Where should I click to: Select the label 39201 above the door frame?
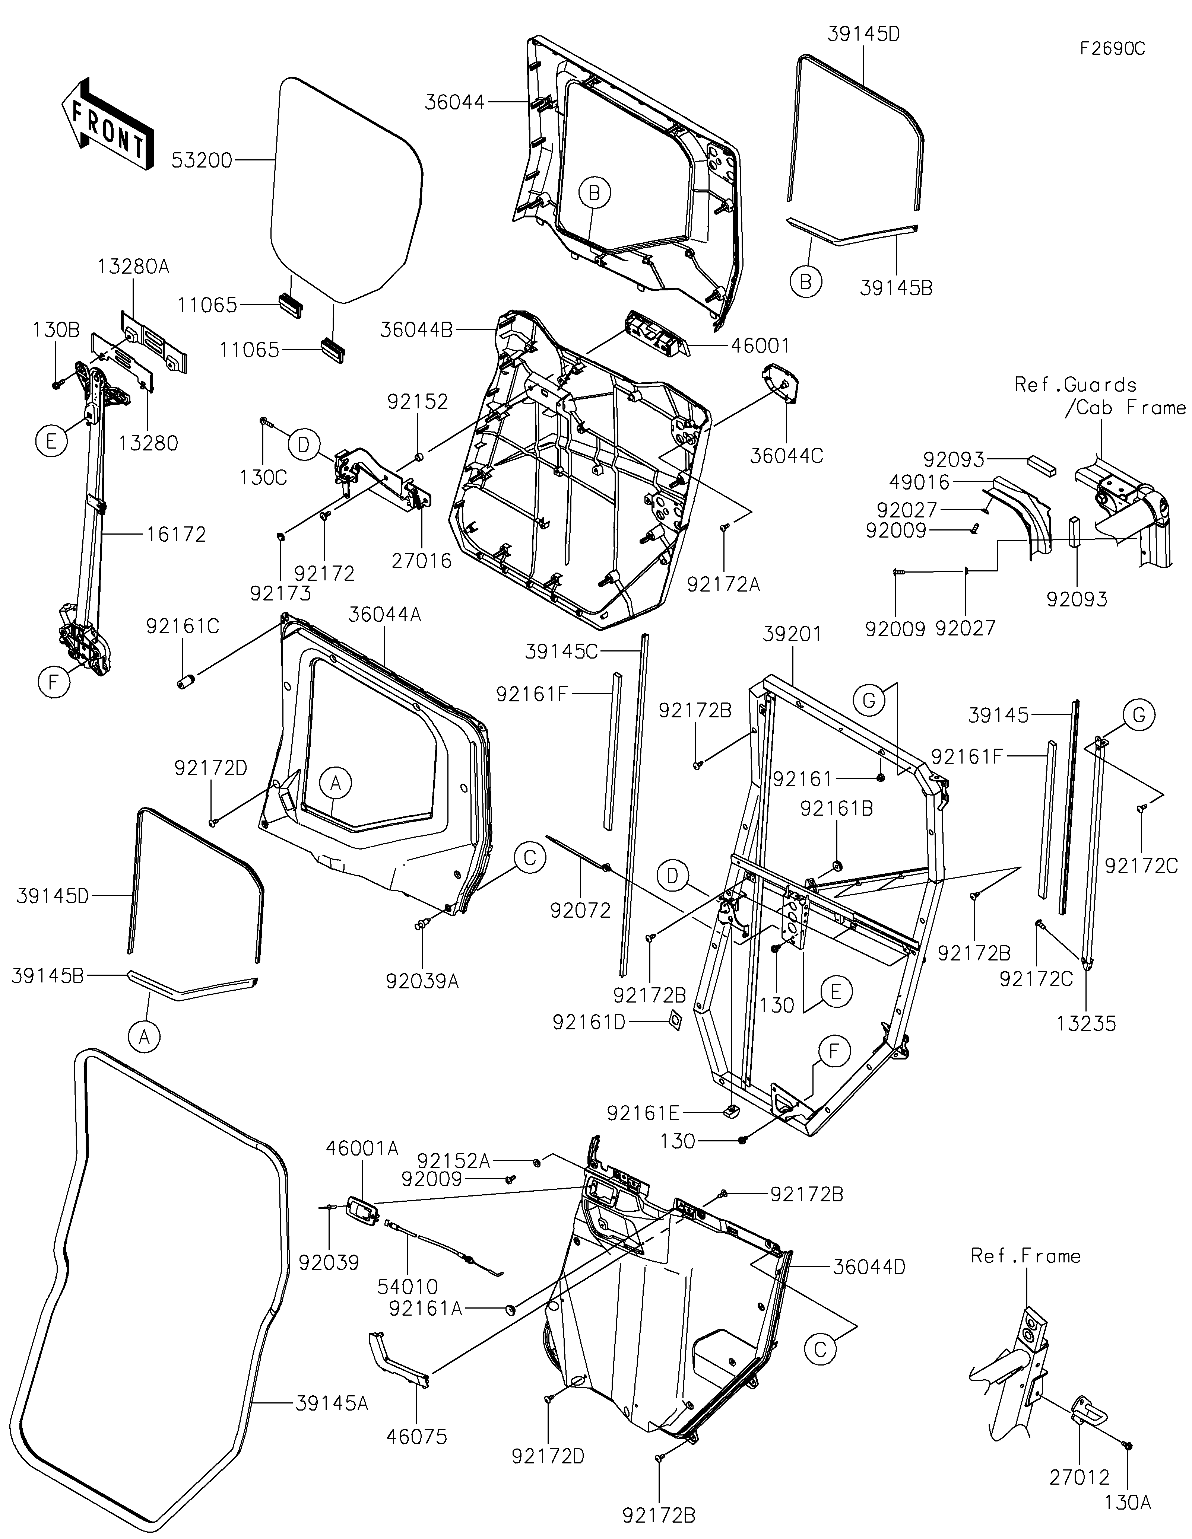point(792,634)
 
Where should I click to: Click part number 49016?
point(920,483)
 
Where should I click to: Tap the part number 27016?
point(422,561)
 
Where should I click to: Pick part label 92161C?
point(183,626)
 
